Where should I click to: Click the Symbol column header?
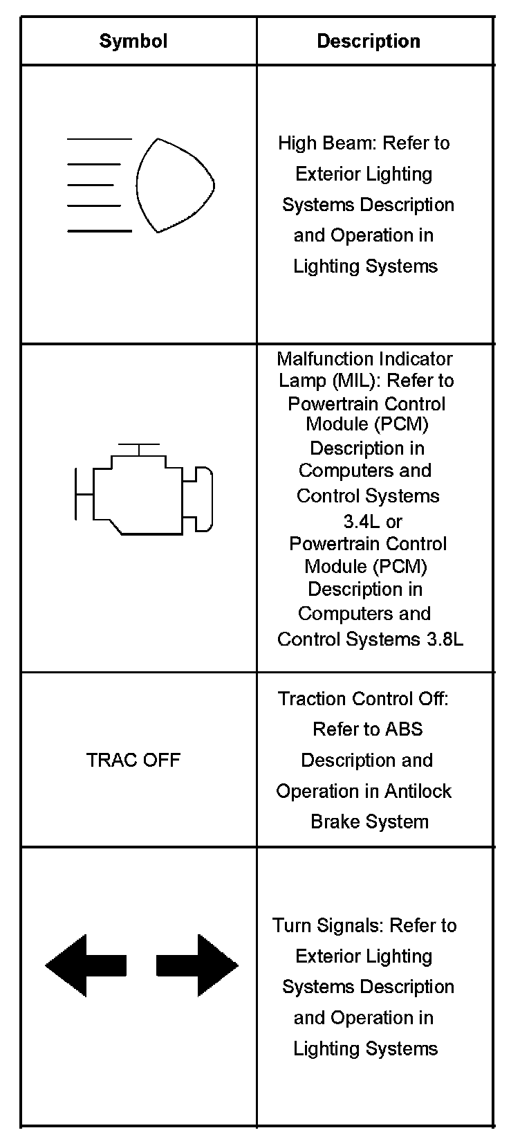[x=133, y=41]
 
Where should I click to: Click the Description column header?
[x=368, y=42]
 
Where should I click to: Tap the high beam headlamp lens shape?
[x=174, y=185]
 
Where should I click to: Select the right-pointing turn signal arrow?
[x=198, y=965]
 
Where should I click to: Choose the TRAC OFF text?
[x=133, y=760]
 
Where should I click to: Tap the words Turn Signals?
[x=328, y=926]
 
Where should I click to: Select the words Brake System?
[x=370, y=822]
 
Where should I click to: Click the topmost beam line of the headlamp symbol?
[x=99, y=139]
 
